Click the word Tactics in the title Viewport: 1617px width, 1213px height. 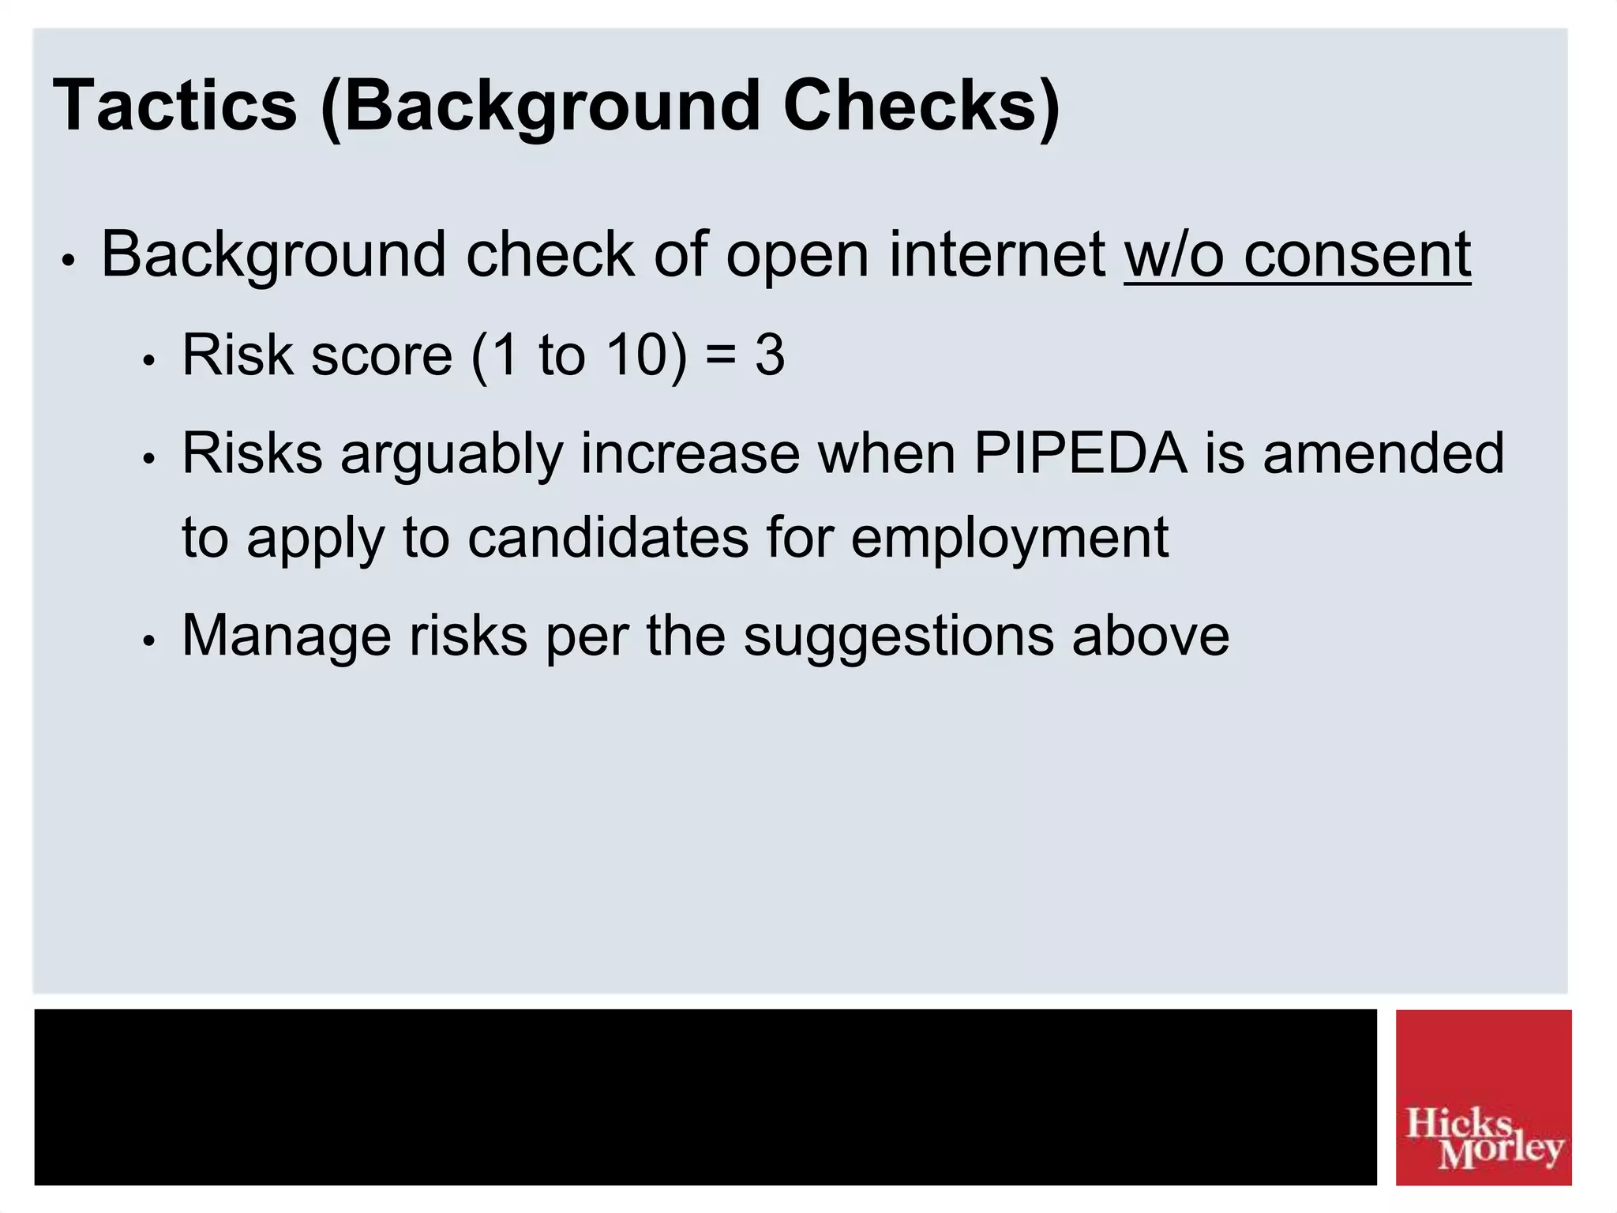coord(174,106)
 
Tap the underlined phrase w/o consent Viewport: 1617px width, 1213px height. coord(1297,254)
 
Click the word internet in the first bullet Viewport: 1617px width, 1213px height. coord(996,254)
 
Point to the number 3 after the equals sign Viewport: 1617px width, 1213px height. coord(770,355)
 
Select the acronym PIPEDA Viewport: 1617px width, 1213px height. coord(1080,453)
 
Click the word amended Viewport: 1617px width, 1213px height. coord(1383,453)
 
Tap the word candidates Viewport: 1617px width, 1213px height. coord(608,538)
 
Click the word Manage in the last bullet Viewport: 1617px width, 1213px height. coord(286,637)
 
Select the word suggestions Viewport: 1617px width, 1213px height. coord(898,637)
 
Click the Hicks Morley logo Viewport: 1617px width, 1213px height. coord(1483,1097)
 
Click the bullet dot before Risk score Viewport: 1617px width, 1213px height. coord(148,361)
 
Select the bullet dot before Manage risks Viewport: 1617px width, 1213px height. coord(148,641)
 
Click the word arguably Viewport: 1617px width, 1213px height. coord(452,455)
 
